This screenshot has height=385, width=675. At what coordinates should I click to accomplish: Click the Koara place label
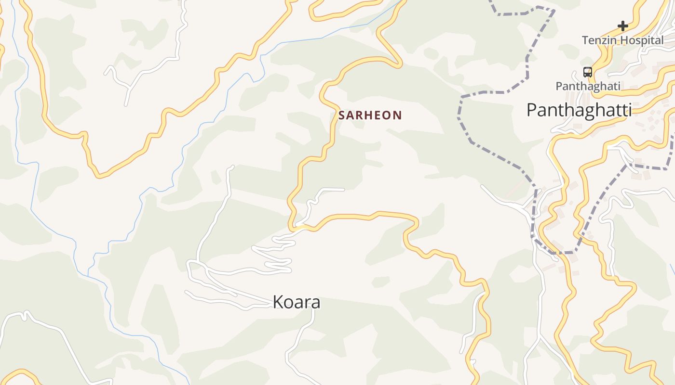pyautogui.click(x=297, y=302)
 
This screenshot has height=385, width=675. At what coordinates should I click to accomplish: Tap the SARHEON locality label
pyautogui.click(x=370, y=115)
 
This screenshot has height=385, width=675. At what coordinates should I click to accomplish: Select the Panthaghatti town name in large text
pyautogui.click(x=579, y=110)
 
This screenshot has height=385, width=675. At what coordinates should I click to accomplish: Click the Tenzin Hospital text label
pyautogui.click(x=622, y=40)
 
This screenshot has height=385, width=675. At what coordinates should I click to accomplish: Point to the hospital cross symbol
pyautogui.click(x=623, y=26)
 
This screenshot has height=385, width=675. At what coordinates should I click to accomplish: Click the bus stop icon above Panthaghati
pyautogui.click(x=587, y=72)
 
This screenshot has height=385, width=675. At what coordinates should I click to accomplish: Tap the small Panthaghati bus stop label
pyautogui.click(x=588, y=87)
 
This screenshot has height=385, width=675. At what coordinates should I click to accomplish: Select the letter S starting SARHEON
pyautogui.click(x=342, y=115)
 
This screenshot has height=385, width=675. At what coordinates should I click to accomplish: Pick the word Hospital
pyautogui.click(x=641, y=40)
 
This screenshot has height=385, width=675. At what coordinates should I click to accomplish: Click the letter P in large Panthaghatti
pyautogui.click(x=531, y=110)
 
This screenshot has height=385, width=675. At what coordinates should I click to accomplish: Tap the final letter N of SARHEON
pyautogui.click(x=398, y=115)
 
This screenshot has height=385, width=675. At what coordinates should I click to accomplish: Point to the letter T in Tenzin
pyautogui.click(x=585, y=40)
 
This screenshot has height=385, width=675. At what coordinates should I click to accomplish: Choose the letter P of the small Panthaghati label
pyautogui.click(x=559, y=87)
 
